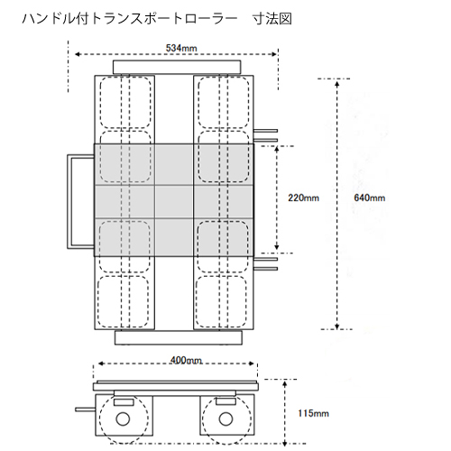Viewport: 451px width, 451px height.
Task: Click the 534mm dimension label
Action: (181, 48)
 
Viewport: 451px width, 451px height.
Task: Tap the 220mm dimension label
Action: (303, 198)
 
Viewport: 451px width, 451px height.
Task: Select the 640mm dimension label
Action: (369, 198)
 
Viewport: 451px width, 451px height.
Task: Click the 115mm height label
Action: (313, 413)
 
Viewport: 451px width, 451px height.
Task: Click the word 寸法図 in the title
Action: (272, 19)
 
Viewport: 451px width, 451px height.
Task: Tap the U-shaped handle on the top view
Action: (69, 201)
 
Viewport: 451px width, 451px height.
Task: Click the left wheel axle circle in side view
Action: (123, 419)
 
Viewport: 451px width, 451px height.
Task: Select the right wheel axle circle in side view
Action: (225, 419)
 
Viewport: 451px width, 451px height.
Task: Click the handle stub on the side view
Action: (86, 410)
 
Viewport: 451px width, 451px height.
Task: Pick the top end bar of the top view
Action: (177, 68)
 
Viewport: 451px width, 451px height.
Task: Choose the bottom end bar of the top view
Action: (179, 337)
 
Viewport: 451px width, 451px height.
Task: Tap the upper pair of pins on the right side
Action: (265, 135)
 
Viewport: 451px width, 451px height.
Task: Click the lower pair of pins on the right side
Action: (265, 263)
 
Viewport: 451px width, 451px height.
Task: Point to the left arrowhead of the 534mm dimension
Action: (78, 54)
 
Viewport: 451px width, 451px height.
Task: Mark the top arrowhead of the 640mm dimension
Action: (337, 83)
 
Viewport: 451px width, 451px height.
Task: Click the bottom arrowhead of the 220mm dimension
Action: (277, 247)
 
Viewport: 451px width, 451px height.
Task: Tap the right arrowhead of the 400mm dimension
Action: (253, 364)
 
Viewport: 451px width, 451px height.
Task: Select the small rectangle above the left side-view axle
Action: (124, 402)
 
